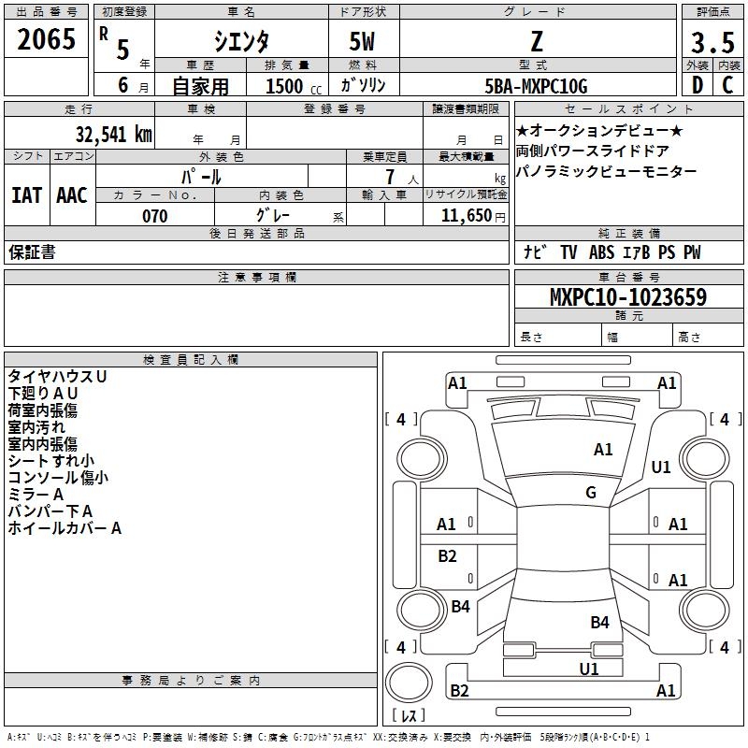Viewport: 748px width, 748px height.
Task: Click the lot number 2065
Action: tap(47, 41)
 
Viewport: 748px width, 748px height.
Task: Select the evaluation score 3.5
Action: tap(712, 42)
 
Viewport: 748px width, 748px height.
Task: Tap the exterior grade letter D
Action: tap(696, 85)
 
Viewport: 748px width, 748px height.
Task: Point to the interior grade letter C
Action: tap(727, 85)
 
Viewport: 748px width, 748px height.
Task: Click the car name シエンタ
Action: tap(240, 42)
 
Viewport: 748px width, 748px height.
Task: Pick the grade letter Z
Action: tap(537, 42)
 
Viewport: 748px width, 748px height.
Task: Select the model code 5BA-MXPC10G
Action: tap(536, 86)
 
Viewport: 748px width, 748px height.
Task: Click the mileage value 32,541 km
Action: tap(113, 134)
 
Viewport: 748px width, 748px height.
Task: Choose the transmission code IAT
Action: tap(26, 195)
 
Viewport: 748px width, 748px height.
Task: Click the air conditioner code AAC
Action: tap(72, 195)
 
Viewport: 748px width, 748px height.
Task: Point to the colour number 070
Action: tap(154, 216)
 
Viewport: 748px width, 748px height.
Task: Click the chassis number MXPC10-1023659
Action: tap(627, 297)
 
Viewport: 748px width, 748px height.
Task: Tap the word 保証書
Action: tap(32, 252)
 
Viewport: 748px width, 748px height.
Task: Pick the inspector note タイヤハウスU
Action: tap(57, 376)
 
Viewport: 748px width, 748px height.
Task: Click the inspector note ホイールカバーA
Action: tap(65, 528)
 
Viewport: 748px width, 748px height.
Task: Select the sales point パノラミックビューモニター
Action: tap(606, 172)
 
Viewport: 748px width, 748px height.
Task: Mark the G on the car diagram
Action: tap(591, 493)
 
